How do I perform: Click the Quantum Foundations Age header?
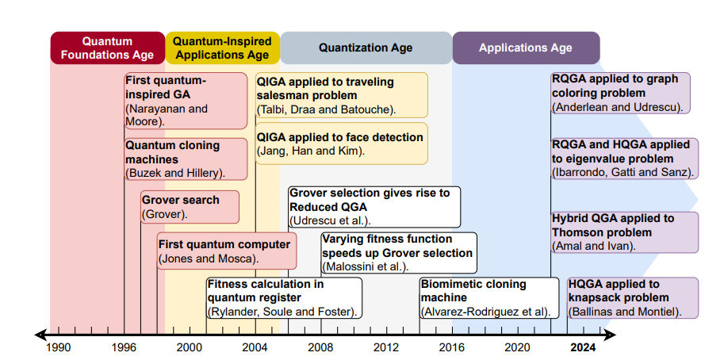click(x=107, y=48)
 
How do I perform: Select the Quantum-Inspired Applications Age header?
click(x=222, y=48)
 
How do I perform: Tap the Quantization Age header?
click(x=366, y=48)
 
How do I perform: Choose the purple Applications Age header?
click(x=525, y=48)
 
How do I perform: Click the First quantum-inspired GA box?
click(x=186, y=101)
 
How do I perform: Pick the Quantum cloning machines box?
click(x=186, y=159)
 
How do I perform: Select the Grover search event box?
click(x=190, y=207)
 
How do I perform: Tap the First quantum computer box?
click(x=227, y=251)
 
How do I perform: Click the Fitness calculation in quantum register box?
click(x=283, y=297)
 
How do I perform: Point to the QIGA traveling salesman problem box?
click(x=341, y=95)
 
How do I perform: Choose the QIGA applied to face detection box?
click(x=341, y=144)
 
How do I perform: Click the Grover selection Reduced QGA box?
click(x=373, y=206)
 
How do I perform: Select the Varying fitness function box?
click(x=398, y=252)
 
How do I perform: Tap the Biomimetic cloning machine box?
click(x=485, y=297)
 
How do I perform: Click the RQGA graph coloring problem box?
click(x=620, y=93)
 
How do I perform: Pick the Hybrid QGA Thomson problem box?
click(x=625, y=232)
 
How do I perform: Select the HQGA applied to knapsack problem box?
click(x=632, y=297)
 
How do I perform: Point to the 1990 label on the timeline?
click(x=58, y=347)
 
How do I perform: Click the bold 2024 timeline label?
click(x=582, y=347)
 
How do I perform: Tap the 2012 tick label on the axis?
click(x=386, y=347)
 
